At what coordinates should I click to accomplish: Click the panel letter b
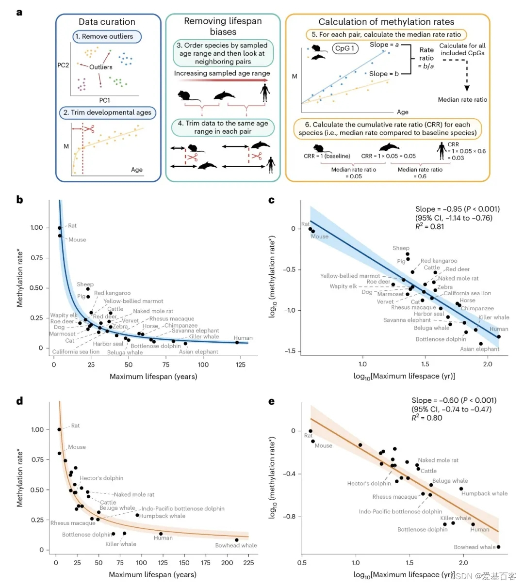19,200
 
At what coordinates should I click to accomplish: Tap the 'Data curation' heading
107,22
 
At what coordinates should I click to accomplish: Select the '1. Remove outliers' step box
107,36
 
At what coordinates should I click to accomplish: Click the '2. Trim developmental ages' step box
108,112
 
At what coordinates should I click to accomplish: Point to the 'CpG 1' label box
345,48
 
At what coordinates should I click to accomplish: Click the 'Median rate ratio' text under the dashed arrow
462,99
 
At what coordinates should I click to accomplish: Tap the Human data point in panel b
237,343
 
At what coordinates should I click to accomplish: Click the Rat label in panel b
72,226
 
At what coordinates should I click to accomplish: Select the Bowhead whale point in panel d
237,540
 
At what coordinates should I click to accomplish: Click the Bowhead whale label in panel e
474,547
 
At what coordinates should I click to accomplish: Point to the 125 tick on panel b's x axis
241,364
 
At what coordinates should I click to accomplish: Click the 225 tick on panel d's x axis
248,563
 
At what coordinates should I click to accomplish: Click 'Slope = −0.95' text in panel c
435,209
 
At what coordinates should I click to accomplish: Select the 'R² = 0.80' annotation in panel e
426,418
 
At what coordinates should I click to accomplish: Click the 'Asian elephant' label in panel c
479,349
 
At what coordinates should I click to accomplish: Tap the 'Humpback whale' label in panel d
163,516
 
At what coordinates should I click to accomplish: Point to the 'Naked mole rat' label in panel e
438,460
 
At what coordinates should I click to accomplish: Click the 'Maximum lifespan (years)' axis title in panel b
153,377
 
